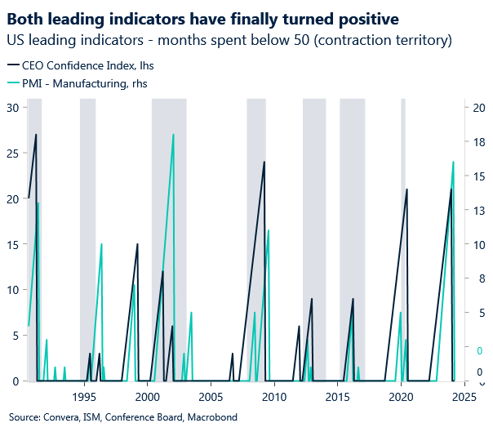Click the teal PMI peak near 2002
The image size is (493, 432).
pos(173,135)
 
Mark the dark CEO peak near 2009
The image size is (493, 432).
pos(264,162)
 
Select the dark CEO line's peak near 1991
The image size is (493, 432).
pos(36,135)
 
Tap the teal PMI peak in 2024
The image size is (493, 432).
pos(454,162)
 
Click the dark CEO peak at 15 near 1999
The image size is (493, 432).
pos(137,244)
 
